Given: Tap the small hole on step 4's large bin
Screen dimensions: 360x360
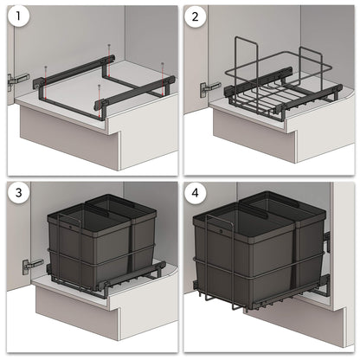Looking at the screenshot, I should pos(219,233).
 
